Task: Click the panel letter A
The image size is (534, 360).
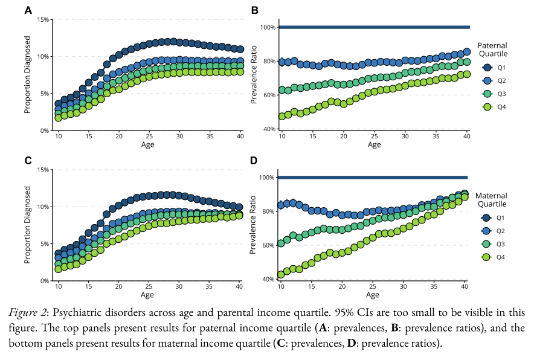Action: [28, 10]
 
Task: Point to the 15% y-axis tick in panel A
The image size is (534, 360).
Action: [43, 19]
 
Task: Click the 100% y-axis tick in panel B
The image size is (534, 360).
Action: [268, 27]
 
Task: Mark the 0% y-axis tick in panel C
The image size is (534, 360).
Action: [45, 281]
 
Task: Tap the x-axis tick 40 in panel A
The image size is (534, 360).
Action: [241, 137]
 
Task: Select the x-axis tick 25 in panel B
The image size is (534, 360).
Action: [374, 137]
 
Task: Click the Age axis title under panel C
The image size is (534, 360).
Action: [147, 295]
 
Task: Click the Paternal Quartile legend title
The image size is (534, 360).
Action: [492, 49]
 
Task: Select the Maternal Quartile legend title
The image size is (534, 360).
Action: [492, 200]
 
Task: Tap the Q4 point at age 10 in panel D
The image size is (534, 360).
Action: [281, 274]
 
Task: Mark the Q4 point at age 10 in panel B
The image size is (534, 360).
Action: [281, 116]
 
